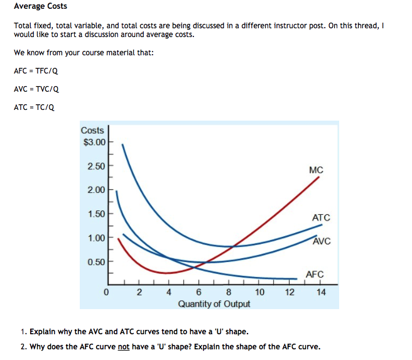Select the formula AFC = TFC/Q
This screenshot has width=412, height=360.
point(36,70)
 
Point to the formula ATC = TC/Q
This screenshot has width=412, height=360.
point(34,107)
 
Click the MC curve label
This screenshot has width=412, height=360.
point(316,170)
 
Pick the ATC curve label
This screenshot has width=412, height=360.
point(320,217)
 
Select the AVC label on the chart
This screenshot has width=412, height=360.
point(321,241)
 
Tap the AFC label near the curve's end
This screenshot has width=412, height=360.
point(314,274)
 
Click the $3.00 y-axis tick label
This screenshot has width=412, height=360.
point(94,142)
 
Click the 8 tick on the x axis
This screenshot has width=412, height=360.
point(228,292)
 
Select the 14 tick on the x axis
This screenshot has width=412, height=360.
point(320,292)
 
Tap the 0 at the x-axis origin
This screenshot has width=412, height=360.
point(107,292)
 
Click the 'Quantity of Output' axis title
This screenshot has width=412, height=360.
point(214,304)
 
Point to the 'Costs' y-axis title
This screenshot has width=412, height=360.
point(92,130)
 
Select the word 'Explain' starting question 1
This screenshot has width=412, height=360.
point(43,331)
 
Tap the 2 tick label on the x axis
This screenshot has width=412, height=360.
point(139,292)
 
